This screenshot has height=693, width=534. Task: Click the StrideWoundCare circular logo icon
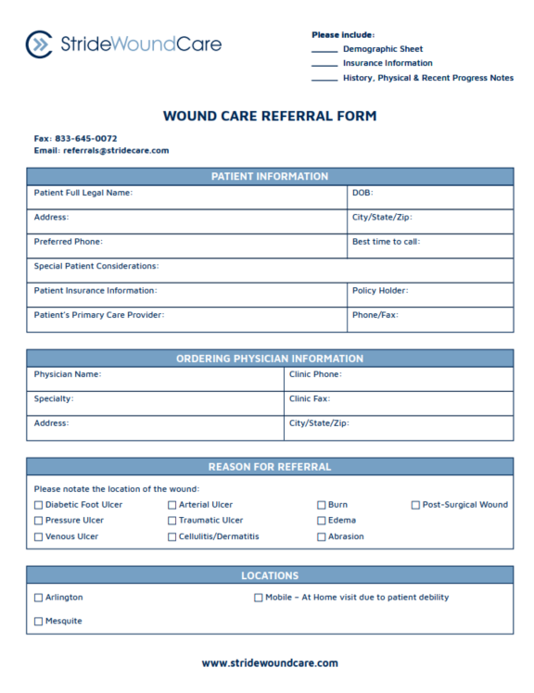coord(39,44)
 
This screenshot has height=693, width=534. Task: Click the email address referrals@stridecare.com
coord(115,150)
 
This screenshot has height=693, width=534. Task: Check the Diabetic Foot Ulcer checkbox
coord(38,505)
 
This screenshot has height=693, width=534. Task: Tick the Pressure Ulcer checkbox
coord(38,521)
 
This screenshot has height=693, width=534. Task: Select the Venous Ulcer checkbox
coord(38,536)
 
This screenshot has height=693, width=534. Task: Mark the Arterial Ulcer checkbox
coord(172,505)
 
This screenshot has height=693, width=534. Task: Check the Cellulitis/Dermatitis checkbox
coord(172,536)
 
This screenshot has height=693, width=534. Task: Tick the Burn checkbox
coord(321,505)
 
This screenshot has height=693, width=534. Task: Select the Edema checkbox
coord(321,521)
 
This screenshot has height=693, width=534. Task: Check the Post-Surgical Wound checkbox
coord(415,505)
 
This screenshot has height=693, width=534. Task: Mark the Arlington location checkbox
coord(38,598)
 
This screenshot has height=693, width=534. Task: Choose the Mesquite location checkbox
coord(38,621)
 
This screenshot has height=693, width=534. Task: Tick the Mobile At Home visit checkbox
coord(258,598)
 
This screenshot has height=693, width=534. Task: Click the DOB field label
coord(362,193)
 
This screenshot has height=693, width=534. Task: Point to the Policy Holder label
coord(380,290)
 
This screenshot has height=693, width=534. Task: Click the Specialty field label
coord(54,398)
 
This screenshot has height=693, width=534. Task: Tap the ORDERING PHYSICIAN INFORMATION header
coord(270,359)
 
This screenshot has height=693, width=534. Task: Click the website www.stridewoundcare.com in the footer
coord(270,662)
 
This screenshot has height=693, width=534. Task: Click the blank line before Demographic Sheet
coord(324,50)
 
